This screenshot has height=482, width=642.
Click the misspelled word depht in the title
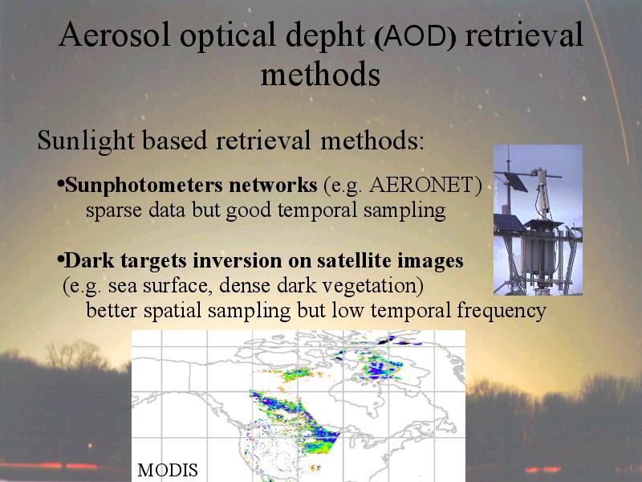tap(325, 36)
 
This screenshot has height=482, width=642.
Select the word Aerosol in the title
tap(114, 35)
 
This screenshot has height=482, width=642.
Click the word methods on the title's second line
tap(320, 74)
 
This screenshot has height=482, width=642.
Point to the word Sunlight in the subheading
tap(86, 141)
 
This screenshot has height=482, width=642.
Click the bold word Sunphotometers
tap(144, 186)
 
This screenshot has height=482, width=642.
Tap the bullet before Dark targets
tap(61, 259)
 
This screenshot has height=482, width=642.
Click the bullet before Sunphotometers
tap(61, 184)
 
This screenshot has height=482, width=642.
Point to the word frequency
tap(502, 310)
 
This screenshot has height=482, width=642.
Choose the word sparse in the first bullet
tap(114, 211)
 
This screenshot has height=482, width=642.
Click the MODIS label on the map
tap(168, 470)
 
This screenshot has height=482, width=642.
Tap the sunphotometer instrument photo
tap(538, 219)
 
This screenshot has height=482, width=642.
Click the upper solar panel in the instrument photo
tap(515, 182)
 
